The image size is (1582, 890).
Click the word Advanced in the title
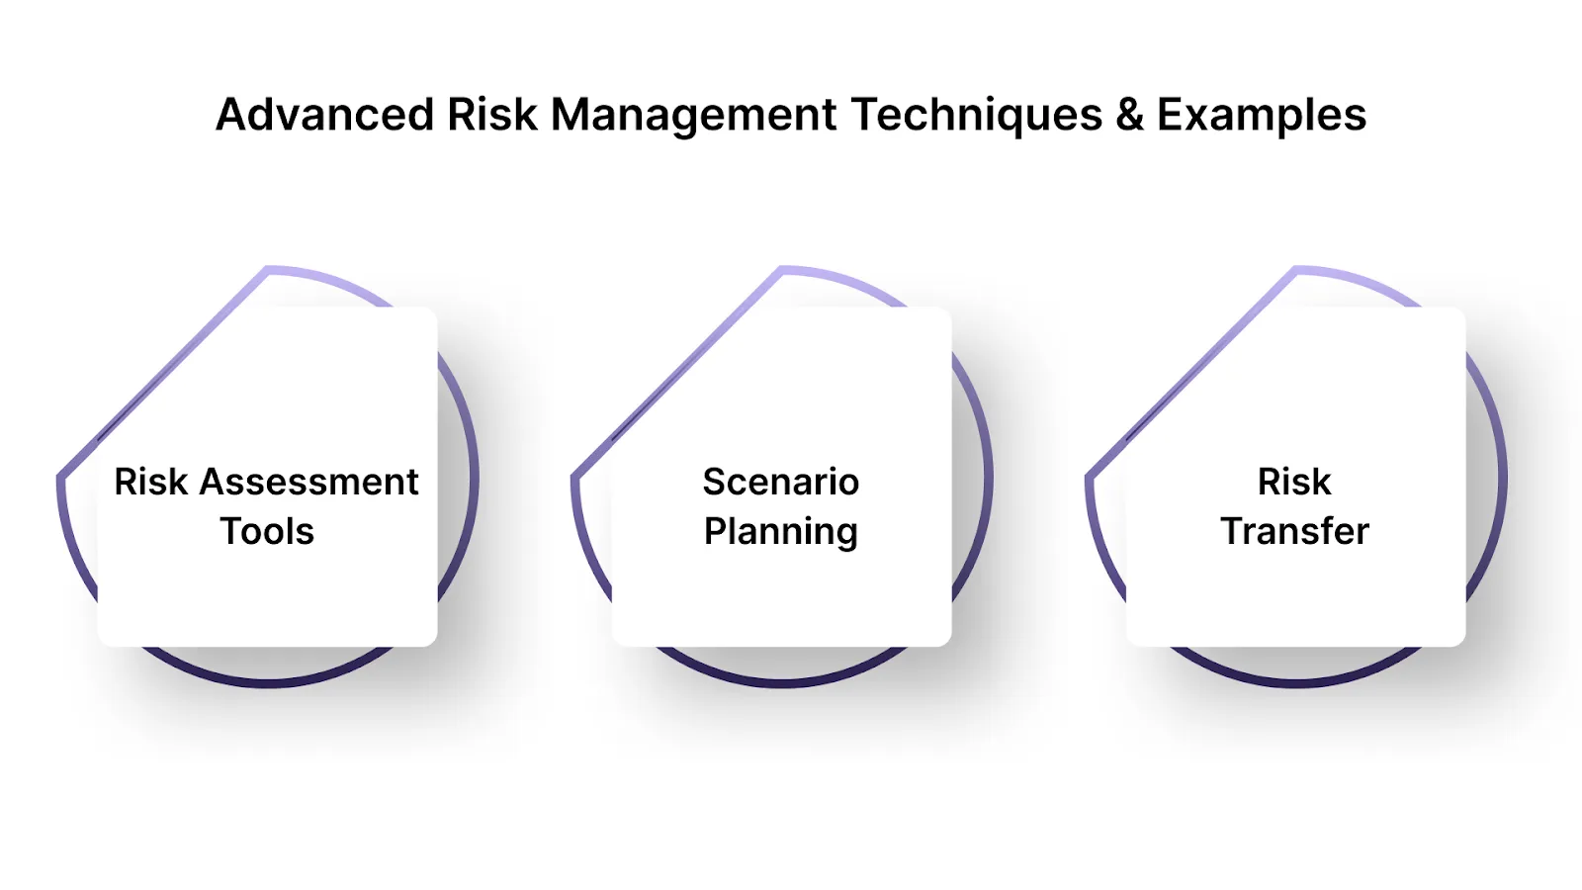point(324,115)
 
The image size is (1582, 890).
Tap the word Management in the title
point(694,115)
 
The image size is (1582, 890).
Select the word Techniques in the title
point(976,115)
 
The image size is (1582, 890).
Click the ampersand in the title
point(1129,115)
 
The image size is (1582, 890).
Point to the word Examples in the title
point(1262,115)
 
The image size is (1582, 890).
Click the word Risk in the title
point(491,115)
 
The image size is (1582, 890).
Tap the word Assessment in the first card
point(308,483)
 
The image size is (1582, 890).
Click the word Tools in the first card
point(267,532)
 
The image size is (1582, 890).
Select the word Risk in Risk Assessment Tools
point(150,483)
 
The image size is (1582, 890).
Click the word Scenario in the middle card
point(781,483)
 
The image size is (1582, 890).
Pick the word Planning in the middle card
point(781,532)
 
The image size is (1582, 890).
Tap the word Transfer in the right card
point(1294,532)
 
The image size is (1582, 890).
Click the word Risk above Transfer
point(1294,483)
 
